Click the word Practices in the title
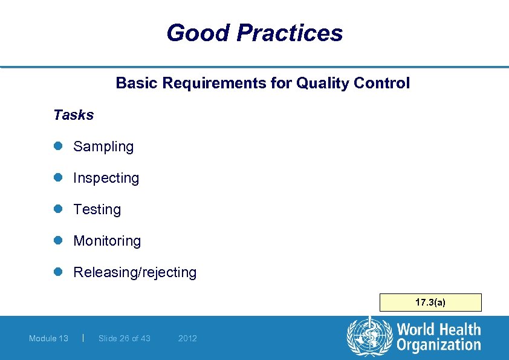click(290, 33)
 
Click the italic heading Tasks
click(73, 115)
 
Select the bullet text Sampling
click(103, 146)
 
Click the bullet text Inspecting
click(106, 178)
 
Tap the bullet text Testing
click(97, 209)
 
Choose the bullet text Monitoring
click(107, 241)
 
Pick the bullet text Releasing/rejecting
click(135, 272)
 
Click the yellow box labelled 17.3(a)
click(430, 302)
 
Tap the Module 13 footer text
click(48, 338)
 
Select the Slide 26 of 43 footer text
click(124, 338)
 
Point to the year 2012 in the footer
click(187, 338)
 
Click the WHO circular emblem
click(369, 337)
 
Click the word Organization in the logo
click(438, 345)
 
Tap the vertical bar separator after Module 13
click(82, 338)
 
